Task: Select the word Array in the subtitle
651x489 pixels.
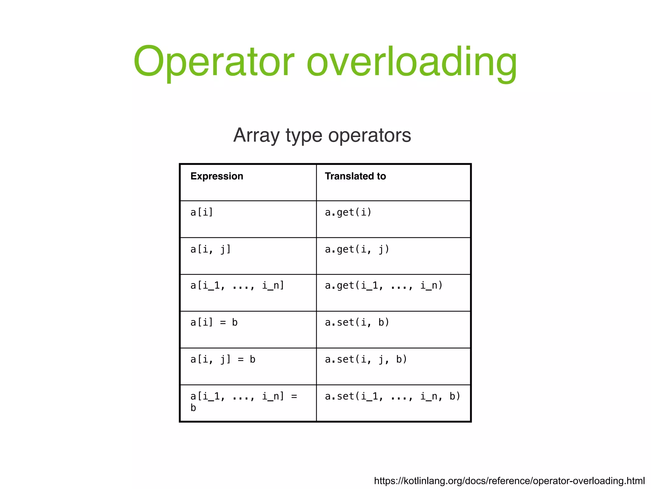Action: tap(256, 135)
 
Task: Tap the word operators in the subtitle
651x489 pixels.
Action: tap(369, 135)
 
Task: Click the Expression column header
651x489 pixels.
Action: tap(217, 176)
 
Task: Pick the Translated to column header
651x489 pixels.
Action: tap(355, 176)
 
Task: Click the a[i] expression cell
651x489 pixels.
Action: tap(202, 212)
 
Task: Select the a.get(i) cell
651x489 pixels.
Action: tap(348, 212)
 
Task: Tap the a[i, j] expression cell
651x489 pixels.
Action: tap(210, 249)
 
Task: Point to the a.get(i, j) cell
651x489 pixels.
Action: tap(357, 249)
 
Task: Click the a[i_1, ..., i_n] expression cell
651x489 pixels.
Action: tap(237, 286)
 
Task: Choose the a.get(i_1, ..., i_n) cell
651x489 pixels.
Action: tap(383, 286)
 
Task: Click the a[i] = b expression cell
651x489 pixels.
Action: tap(214, 323)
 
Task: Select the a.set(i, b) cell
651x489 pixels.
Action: tap(357, 323)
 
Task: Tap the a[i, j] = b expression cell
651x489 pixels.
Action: tap(223, 360)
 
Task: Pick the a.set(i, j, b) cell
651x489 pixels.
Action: tap(366, 360)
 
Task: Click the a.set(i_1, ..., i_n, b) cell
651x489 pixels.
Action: tap(392, 396)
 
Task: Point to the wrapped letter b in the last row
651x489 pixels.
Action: tap(193, 408)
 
